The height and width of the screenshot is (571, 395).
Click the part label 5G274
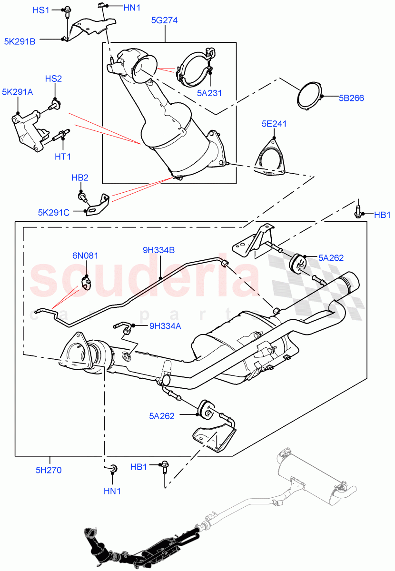click(165, 21)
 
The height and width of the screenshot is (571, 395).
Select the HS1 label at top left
click(41, 10)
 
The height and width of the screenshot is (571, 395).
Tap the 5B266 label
click(351, 98)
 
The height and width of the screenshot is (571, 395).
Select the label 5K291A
click(17, 92)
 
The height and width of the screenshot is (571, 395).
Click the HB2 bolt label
click(80, 177)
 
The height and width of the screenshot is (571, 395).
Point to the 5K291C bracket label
click(54, 213)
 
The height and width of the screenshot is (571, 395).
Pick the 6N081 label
click(85, 256)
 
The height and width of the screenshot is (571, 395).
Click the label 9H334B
click(159, 249)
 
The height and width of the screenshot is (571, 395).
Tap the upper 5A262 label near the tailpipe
click(331, 258)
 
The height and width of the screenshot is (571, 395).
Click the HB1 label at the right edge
click(382, 215)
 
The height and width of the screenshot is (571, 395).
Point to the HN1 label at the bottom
click(113, 490)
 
